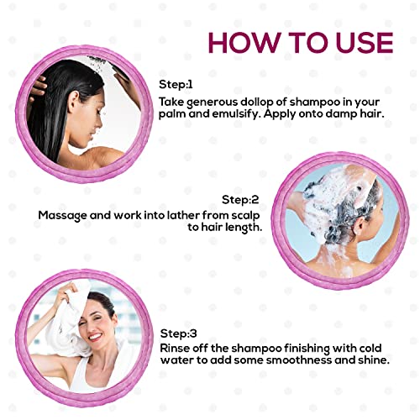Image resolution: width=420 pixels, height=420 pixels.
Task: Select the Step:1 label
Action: click(176, 84)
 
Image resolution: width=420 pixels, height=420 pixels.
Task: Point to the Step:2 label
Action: click(240, 200)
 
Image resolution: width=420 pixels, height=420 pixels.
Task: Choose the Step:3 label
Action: click(178, 333)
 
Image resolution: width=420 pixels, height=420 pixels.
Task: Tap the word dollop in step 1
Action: click(256, 102)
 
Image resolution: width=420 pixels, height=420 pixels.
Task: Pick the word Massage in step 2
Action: click(62, 216)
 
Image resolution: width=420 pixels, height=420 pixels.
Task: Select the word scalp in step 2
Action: click(245, 216)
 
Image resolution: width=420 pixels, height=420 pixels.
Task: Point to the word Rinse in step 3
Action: click(174, 349)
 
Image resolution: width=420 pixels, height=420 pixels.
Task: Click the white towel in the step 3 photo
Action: click(66, 322)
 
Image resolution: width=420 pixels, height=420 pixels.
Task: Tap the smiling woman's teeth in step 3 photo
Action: click(95, 336)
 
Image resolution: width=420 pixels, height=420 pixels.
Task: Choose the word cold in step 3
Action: click(370, 349)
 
